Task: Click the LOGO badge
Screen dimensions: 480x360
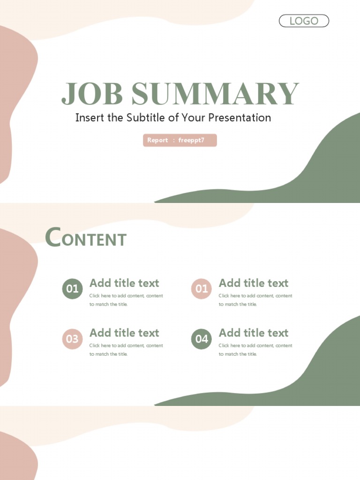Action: (x=304, y=21)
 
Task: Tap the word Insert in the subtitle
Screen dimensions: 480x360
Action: (x=90, y=118)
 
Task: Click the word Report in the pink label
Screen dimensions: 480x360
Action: (x=157, y=140)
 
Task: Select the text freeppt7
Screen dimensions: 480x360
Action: (x=191, y=140)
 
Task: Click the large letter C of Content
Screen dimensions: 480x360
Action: (x=53, y=237)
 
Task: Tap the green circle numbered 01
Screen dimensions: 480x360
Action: (x=72, y=289)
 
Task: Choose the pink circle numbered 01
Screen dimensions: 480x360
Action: (x=202, y=289)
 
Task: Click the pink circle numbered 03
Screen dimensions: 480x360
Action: (x=72, y=338)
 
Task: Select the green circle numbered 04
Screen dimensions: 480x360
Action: (x=202, y=338)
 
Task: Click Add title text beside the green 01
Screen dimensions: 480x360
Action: (x=124, y=283)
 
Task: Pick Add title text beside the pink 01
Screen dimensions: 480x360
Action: (x=254, y=283)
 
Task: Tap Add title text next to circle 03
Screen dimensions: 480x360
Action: (x=124, y=333)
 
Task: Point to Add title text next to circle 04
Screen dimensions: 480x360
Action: (x=254, y=333)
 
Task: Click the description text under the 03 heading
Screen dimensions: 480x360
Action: (x=126, y=350)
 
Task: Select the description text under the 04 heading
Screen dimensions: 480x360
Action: (x=255, y=350)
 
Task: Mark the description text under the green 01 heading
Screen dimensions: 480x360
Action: (x=126, y=300)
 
